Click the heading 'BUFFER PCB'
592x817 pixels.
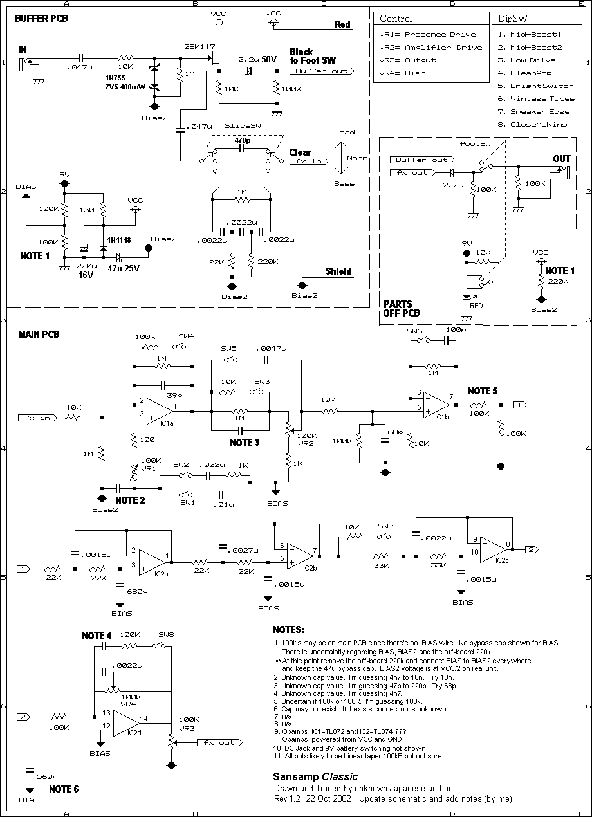coord(42,18)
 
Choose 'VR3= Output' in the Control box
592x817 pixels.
coord(411,60)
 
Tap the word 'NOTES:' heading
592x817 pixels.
coord(288,629)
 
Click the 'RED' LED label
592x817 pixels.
coord(476,306)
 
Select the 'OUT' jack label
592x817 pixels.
coord(562,159)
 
